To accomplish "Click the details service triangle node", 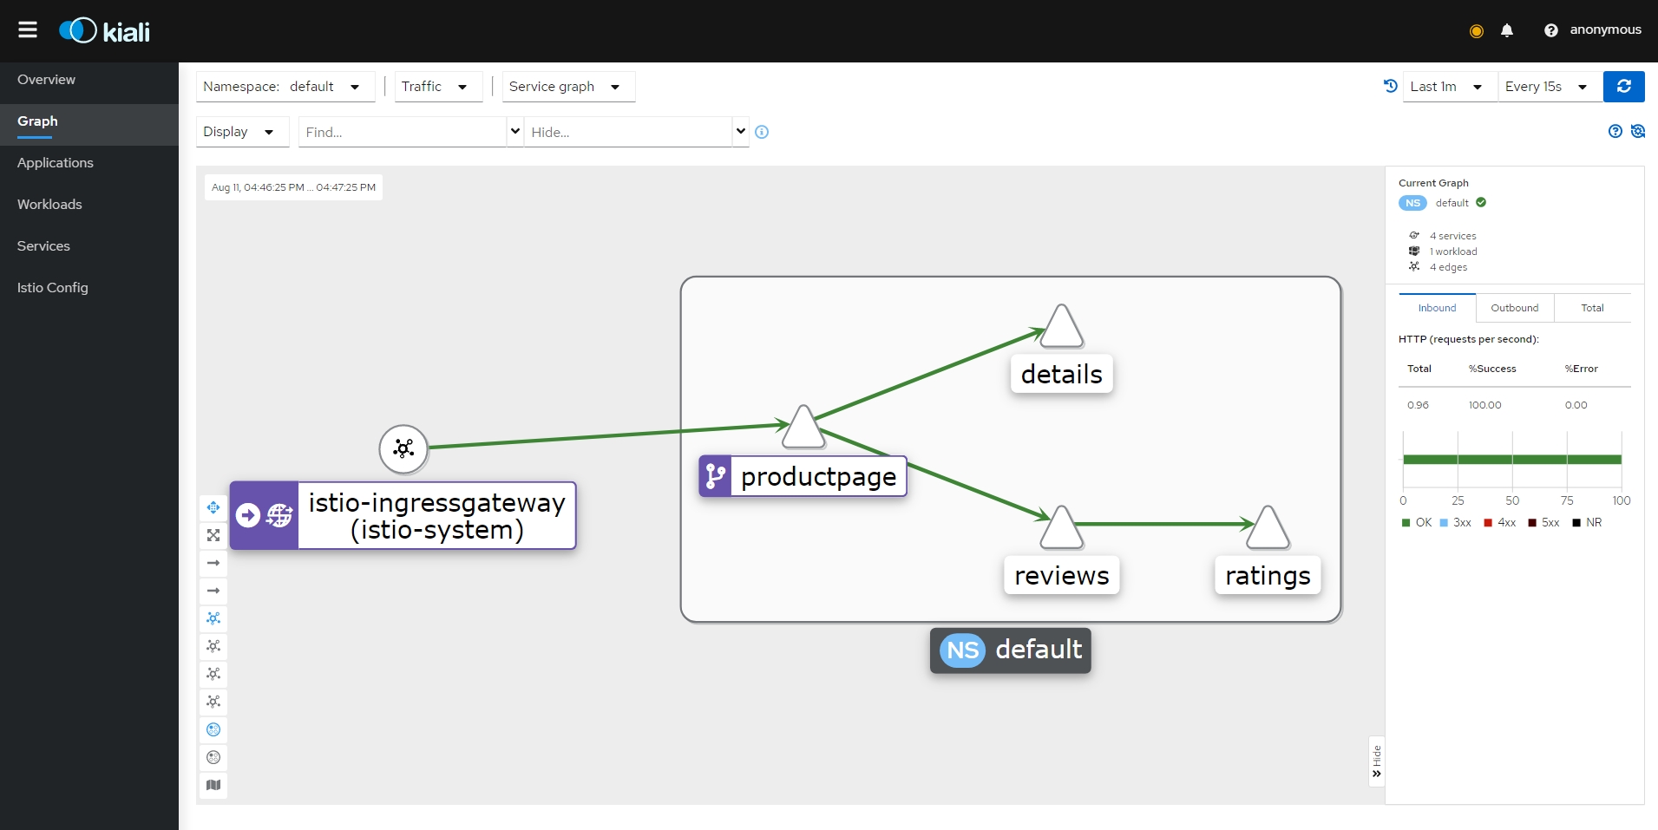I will tap(1062, 329).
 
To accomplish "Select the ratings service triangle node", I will tap(1268, 529).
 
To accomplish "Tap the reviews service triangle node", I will tap(1062, 529).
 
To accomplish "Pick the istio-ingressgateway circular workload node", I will tap(403, 448).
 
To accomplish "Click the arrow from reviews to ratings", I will tap(1163, 524).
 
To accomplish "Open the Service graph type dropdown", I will tap(567, 87).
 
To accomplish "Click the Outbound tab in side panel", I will tap(1514, 308).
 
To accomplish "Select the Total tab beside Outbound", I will tap(1592, 308).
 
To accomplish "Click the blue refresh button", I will tap(1623, 87).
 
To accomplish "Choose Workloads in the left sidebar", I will tap(49, 205).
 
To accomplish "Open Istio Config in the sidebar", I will tap(53, 288).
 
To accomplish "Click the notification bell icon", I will tap(1507, 30).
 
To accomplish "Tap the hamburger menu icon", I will tap(28, 30).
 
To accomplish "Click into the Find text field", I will tap(402, 132).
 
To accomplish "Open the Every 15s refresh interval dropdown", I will tap(1549, 87).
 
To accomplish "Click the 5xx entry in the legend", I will tap(1544, 523).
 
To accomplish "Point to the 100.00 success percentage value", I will tap(1484, 405).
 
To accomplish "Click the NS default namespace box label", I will tap(1011, 650).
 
